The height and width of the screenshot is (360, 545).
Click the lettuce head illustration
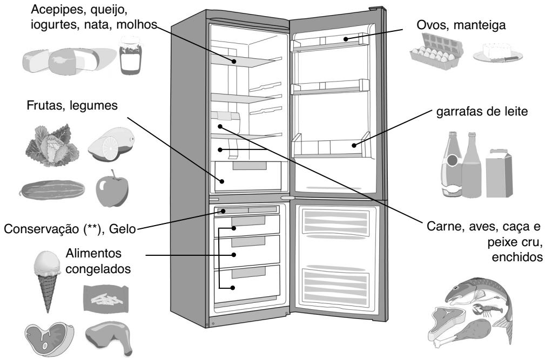[x=49, y=145]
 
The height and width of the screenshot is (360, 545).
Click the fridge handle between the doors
[x=288, y=199]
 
